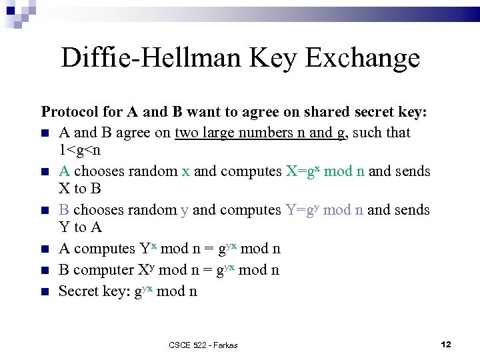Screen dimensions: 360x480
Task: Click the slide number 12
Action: click(x=446, y=344)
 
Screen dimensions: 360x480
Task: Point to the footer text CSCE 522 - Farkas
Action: click(x=203, y=345)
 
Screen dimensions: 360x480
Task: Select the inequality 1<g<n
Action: click(x=79, y=150)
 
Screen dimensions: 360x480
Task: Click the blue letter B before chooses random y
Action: click(x=64, y=209)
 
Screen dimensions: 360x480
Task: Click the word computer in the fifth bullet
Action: click(x=103, y=269)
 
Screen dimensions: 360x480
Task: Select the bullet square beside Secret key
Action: click(x=45, y=291)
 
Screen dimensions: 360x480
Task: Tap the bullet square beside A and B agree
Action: click(x=45, y=133)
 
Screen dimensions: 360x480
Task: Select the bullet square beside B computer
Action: click(x=45, y=270)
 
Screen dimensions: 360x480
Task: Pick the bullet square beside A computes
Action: click(x=45, y=249)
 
